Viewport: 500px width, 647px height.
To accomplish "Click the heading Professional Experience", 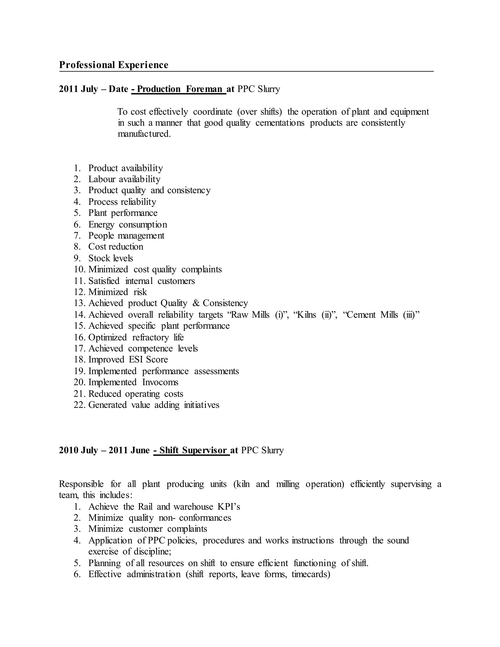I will pos(114,65).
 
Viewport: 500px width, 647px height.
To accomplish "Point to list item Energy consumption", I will pos(127,225).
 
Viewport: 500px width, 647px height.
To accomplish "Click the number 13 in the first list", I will pos(79,303).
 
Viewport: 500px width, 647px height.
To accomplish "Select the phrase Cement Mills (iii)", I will pos(382,315).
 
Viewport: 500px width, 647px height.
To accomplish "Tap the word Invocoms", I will pos(160,382).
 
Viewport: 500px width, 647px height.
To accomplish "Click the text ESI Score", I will pos(148,360).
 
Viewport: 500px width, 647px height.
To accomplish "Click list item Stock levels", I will pos(111,258).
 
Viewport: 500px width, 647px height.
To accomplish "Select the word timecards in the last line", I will pos(311,574).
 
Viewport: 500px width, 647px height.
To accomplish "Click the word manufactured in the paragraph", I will pos(144,134).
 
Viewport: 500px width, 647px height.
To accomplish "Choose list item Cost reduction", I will pos(115,247).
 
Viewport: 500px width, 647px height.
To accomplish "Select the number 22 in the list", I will pos(79,405).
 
